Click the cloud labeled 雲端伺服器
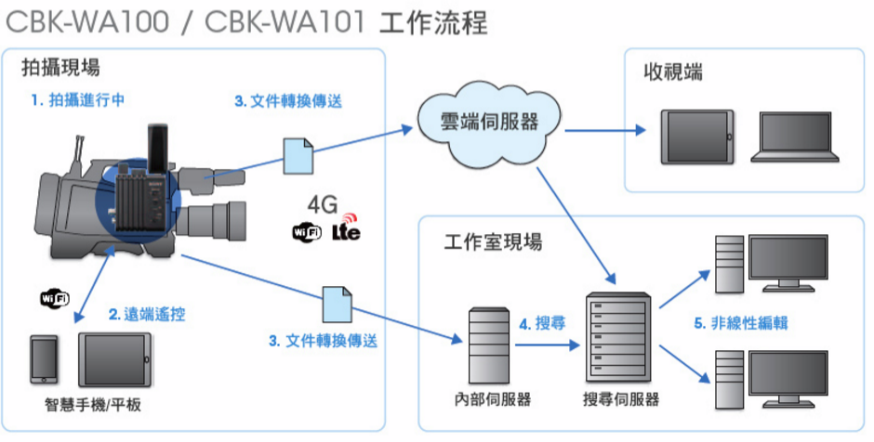[488, 123]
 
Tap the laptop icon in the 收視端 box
[795, 136]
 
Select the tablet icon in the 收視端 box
[697, 136]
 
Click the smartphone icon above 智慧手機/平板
[44, 359]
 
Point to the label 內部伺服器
[492, 399]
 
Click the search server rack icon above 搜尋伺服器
[618, 338]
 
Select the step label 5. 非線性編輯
[741, 323]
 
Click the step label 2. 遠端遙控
[147, 315]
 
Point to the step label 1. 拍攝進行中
[78, 100]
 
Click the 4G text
[323, 205]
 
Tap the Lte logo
[346, 228]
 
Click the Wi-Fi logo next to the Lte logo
[307, 231]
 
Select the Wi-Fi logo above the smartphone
[55, 298]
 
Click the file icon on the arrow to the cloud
[298, 156]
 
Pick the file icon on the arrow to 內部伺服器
[338, 304]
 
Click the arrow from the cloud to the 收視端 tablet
[604, 131]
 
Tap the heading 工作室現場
[493, 242]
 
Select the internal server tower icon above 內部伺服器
[489, 345]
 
